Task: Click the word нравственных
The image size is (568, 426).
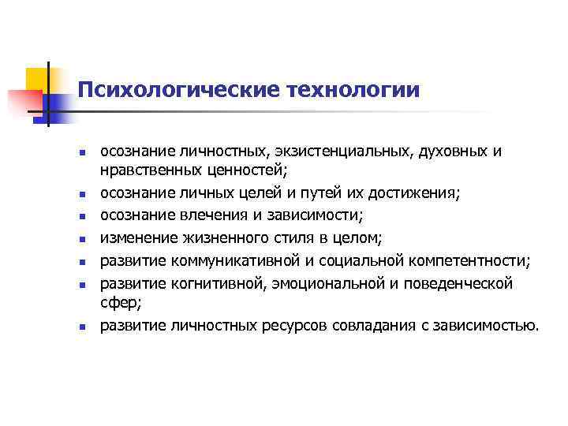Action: (x=146, y=167)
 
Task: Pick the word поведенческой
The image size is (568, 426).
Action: (x=448, y=282)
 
